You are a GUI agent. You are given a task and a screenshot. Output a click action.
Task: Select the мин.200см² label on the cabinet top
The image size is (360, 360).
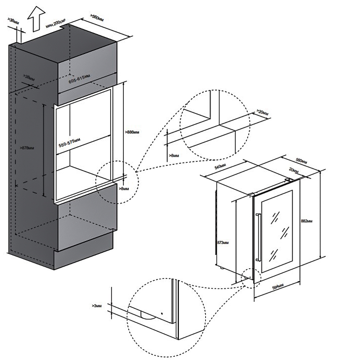pos(55,25)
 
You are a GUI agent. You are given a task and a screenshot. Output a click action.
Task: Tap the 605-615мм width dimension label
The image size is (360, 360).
pos(79,78)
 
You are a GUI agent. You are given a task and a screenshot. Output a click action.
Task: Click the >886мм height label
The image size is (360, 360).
pos(132,132)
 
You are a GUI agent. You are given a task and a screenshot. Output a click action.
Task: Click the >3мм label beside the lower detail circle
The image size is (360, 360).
pos(97,305)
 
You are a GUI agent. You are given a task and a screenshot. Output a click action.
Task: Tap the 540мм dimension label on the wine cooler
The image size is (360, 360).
pos(220,168)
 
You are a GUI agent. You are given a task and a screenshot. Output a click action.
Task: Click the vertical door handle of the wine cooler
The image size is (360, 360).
pos(257,237)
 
